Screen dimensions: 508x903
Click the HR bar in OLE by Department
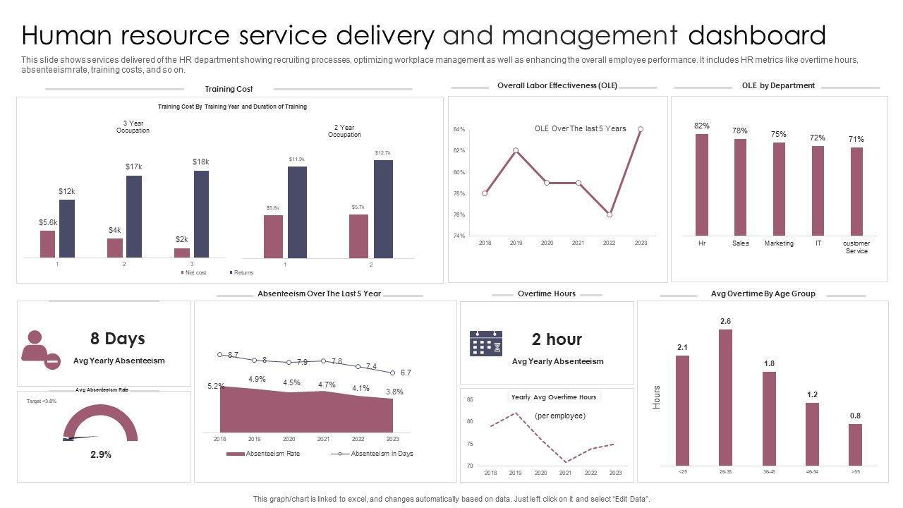pos(701,184)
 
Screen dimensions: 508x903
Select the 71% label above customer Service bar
pos(856,140)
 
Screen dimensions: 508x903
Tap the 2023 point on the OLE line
pos(641,129)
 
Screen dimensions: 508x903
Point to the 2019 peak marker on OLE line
pos(516,150)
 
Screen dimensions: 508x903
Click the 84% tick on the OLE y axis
pos(459,130)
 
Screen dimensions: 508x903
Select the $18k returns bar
pos(201,214)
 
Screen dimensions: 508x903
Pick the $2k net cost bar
pos(182,252)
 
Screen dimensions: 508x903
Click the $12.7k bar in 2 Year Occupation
pos(383,209)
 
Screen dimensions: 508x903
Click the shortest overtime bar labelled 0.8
pos(855,445)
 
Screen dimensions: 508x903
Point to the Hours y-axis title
pos(657,397)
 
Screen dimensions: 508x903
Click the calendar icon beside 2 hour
pos(486,343)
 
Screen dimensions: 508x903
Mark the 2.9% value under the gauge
pos(101,455)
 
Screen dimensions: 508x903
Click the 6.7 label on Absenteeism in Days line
pos(406,373)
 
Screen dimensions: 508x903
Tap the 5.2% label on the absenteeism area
pos(216,386)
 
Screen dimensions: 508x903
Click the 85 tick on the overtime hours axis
pos(470,399)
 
